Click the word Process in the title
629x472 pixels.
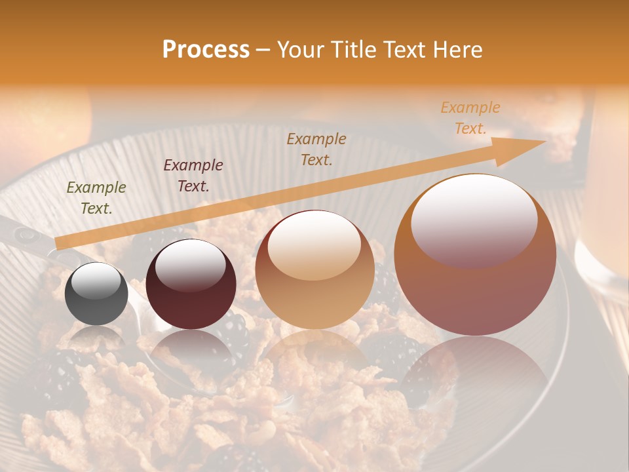[x=206, y=50]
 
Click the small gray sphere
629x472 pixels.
[x=97, y=295]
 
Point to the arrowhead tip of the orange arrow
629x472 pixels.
[x=545, y=142]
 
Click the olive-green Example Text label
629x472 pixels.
[x=96, y=198]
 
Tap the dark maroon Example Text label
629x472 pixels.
[x=193, y=176]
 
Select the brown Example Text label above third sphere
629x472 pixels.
[x=316, y=149]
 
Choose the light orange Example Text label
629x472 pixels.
[x=470, y=117]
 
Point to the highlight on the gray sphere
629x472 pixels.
[x=96, y=281]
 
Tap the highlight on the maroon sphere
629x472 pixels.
[x=190, y=264]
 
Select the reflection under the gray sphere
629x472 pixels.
[x=97, y=338]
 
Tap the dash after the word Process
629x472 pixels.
[x=263, y=50]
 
